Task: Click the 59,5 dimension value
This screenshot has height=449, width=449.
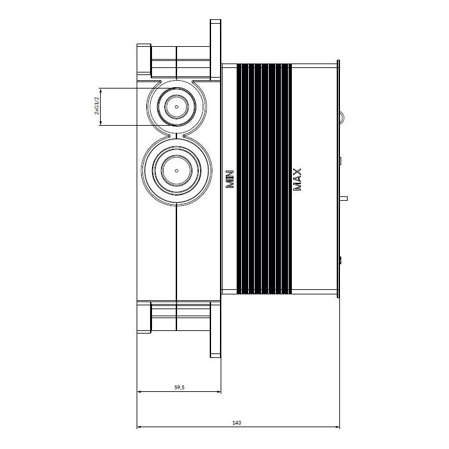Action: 179,387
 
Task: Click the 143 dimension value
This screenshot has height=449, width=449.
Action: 237,423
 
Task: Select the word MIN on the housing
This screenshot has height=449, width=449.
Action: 230,179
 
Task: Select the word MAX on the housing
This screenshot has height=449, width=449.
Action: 297,180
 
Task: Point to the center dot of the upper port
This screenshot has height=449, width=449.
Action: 176,107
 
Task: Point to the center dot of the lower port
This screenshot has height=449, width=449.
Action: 176,171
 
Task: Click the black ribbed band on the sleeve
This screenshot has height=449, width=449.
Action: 264,179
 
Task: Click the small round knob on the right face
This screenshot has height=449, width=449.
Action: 342,117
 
